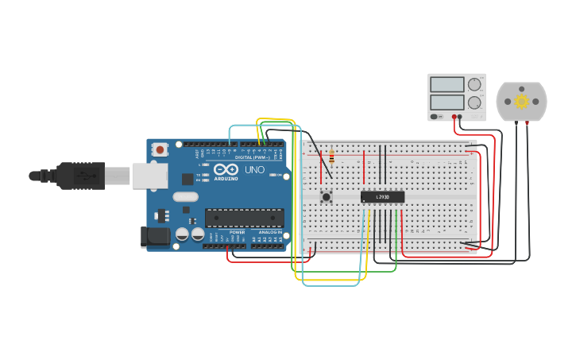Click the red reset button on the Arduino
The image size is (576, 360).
pos(160,149)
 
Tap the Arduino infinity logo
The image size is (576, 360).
pos(226,170)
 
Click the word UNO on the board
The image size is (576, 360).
pos(254,170)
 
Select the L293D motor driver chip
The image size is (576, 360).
pos(382,197)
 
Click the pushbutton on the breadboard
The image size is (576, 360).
pos(326,195)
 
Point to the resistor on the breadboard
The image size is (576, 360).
pos(331,158)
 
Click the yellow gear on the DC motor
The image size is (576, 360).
pos(522,101)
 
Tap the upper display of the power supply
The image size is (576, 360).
pos(446,84)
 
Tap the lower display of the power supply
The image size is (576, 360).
pos(446,103)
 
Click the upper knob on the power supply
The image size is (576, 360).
pos(474,84)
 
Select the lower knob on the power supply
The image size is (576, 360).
pos(474,103)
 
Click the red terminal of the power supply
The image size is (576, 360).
pos(454,117)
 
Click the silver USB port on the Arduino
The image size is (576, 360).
pos(149,176)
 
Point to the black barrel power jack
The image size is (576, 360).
pos(154,235)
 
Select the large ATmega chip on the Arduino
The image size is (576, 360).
pos(244,218)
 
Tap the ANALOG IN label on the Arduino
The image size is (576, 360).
pos(269,232)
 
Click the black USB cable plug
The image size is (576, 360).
pos(79,175)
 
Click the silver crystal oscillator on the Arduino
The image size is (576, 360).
pos(185,197)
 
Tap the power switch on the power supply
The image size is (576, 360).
pos(435,117)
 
